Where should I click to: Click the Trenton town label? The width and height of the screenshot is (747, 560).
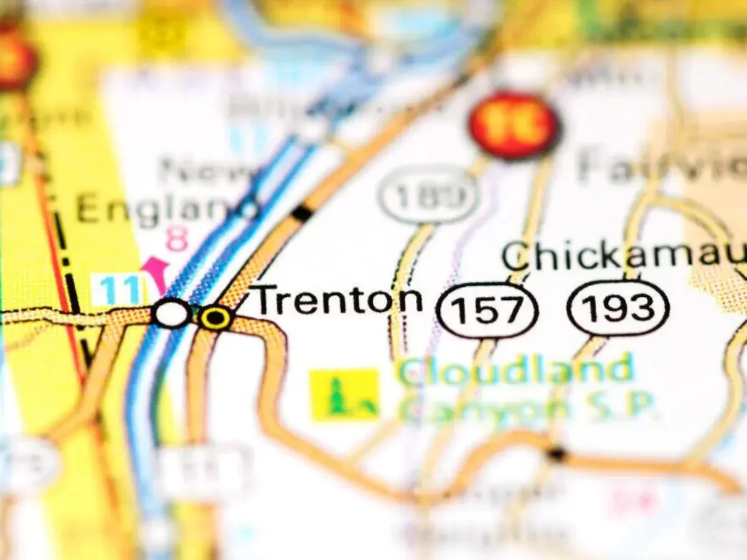click(338, 300)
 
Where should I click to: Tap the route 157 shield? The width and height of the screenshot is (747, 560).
click(487, 310)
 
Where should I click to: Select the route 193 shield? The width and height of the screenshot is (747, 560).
click(618, 308)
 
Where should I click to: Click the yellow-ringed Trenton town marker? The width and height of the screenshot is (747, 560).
click(216, 317)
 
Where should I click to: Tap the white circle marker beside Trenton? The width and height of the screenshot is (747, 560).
click(171, 313)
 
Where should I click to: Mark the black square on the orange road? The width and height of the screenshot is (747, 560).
click(302, 213)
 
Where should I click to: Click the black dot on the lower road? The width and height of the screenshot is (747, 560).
click(556, 454)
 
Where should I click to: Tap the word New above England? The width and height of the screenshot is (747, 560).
click(205, 170)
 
